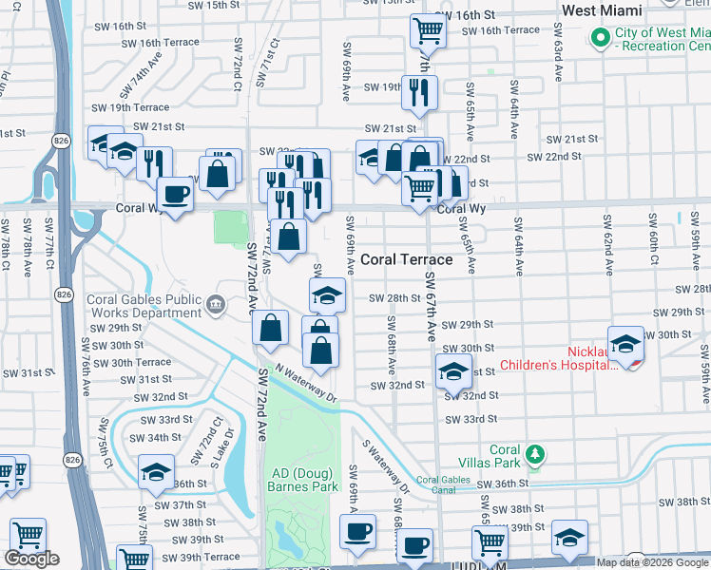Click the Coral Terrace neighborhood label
406,258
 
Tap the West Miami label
616,10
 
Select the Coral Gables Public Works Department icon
216,306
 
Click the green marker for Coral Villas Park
537,456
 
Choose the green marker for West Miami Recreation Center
600,39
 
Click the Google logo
31,559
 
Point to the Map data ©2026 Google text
653,562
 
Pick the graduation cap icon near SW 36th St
157,472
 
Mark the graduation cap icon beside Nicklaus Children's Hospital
626,344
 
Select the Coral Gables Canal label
442,481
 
